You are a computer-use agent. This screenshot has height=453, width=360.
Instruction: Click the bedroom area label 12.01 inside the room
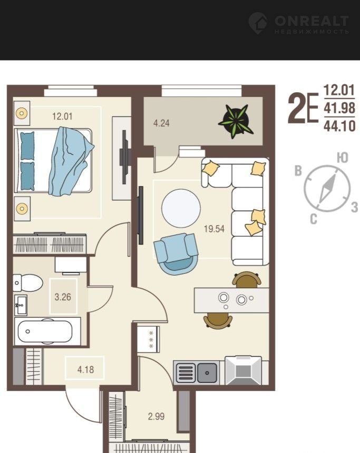(x=62, y=116)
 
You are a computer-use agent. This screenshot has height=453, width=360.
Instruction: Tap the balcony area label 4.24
(x=161, y=123)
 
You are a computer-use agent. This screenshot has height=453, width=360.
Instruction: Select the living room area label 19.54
(x=214, y=229)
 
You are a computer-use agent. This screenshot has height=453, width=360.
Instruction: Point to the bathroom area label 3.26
(x=63, y=297)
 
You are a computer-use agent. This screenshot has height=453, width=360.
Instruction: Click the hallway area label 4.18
(x=85, y=369)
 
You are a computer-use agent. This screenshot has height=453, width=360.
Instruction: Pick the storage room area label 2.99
(x=156, y=416)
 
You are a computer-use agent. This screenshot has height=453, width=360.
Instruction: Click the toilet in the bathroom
(x=28, y=283)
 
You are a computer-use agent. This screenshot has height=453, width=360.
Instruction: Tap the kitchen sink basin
(x=207, y=373)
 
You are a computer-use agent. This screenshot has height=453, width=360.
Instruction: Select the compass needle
(x=327, y=188)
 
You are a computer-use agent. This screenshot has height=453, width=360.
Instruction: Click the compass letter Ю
(x=343, y=157)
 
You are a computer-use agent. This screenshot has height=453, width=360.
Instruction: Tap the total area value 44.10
(x=339, y=126)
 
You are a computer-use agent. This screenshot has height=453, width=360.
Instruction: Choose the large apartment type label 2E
(x=303, y=109)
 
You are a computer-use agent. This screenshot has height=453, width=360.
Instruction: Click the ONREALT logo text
(x=312, y=21)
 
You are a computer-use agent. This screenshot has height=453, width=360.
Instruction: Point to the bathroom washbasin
(x=20, y=305)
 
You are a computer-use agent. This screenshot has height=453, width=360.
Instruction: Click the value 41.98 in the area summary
(x=339, y=108)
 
